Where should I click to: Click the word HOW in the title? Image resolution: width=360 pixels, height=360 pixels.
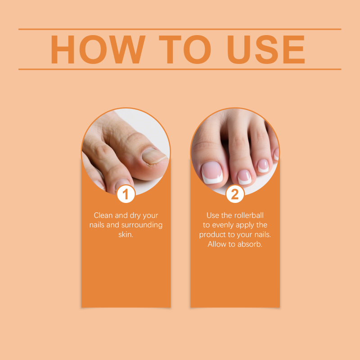tap(98, 49)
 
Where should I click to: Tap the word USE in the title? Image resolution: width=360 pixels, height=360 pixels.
tap(266, 49)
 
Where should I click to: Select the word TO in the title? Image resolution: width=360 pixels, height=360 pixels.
tap(184, 49)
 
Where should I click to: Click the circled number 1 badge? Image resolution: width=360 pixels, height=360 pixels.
tap(126, 194)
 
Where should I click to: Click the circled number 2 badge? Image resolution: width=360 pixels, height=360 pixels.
tap(235, 194)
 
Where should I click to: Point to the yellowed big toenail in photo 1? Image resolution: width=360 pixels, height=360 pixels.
tap(154, 156)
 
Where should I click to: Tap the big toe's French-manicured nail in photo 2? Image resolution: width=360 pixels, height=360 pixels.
tap(212, 172)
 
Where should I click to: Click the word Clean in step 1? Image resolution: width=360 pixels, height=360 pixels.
tap(103, 216)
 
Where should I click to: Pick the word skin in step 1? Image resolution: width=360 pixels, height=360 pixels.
tap(126, 234)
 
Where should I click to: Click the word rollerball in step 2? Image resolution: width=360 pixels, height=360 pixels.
tap(249, 216)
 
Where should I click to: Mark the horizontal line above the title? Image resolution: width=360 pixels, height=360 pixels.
tap(180, 29)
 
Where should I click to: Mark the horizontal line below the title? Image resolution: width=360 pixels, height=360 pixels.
tap(180, 69)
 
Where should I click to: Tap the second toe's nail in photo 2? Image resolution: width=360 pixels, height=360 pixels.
tap(244, 177)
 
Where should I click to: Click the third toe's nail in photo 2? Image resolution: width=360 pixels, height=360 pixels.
tap(263, 166)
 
